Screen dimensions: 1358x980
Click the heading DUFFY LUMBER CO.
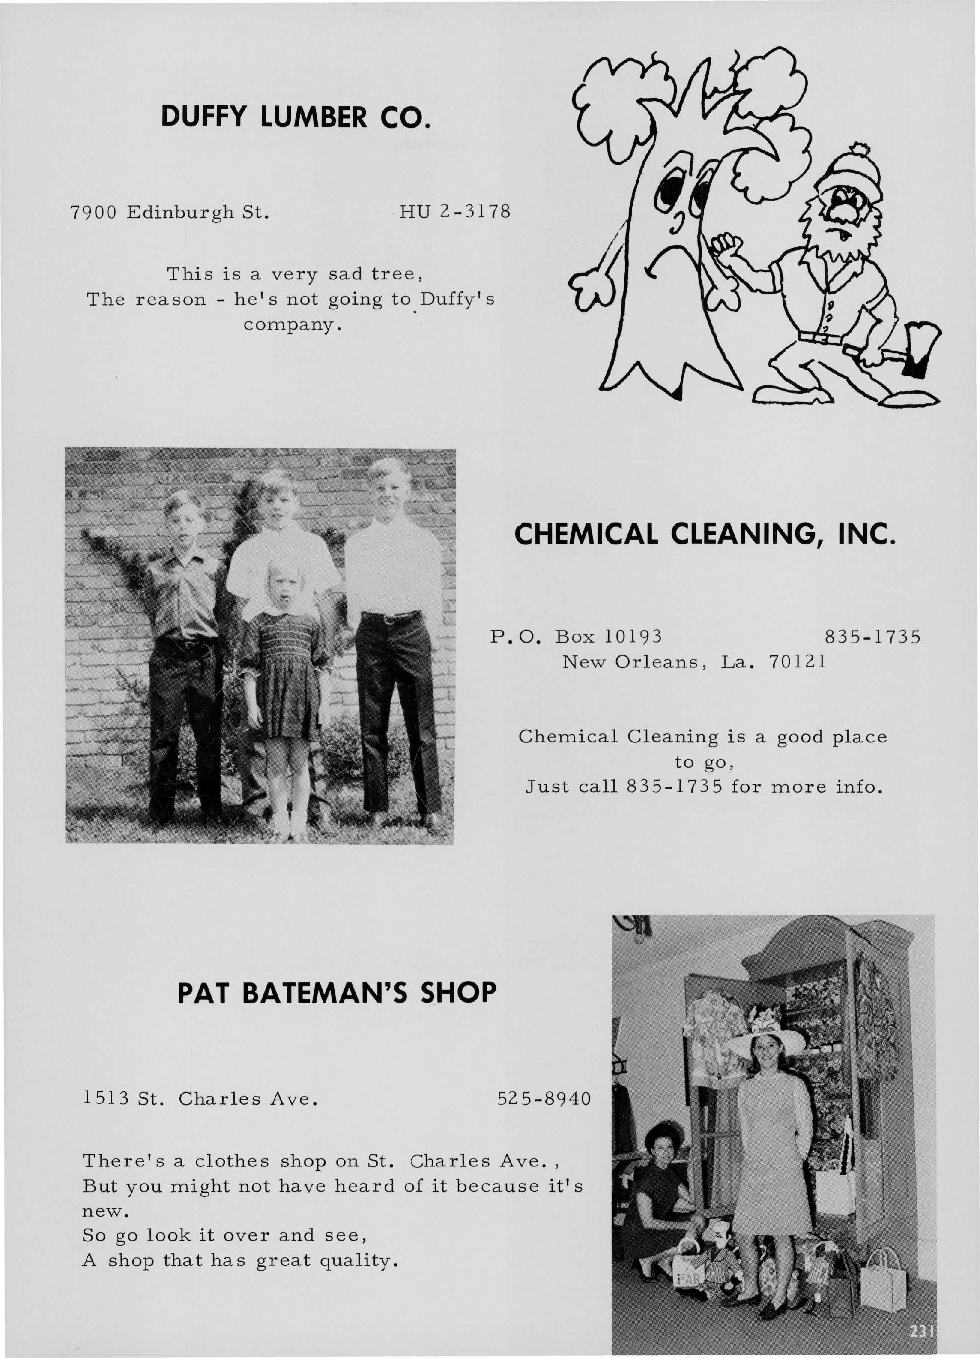(295, 117)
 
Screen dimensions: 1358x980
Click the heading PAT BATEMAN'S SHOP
(337, 992)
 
